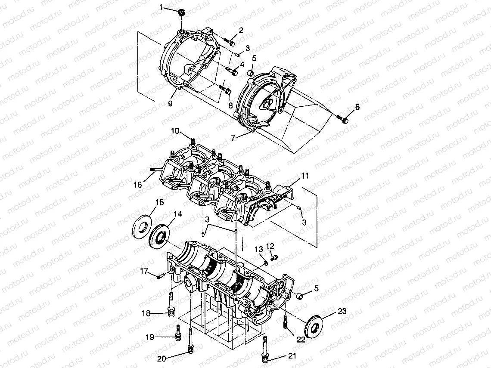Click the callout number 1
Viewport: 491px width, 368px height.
click(x=162, y=7)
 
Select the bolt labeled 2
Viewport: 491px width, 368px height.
click(x=230, y=42)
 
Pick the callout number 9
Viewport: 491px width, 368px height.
click(x=170, y=104)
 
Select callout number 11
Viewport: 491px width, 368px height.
click(x=305, y=176)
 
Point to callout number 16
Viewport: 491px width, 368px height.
click(x=137, y=185)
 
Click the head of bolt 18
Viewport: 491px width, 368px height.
click(x=171, y=313)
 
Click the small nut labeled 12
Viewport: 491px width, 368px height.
click(x=276, y=257)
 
